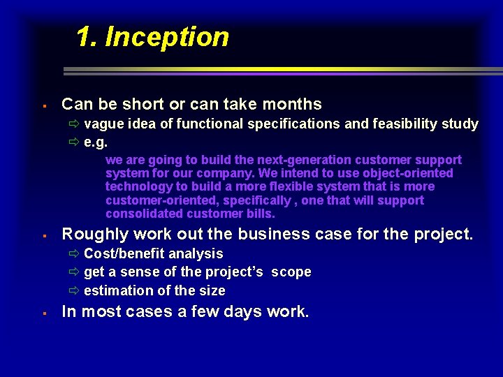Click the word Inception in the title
point(167,37)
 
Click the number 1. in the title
point(87,37)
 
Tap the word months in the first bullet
point(292,105)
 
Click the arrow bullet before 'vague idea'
point(74,124)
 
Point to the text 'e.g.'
point(96,142)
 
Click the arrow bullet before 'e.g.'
point(74,142)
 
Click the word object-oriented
point(408,173)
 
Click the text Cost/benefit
point(129,254)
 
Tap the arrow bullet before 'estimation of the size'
point(74,290)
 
